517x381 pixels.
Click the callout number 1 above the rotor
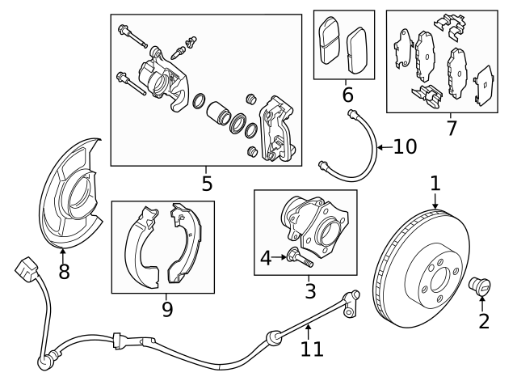click(435, 183)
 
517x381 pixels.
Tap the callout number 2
click(485, 321)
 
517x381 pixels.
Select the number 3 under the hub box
click(309, 290)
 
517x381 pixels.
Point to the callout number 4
click(266, 259)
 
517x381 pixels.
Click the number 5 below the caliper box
click(207, 184)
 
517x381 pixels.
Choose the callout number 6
click(347, 95)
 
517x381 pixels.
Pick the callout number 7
click(451, 127)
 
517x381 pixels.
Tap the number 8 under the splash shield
click(64, 272)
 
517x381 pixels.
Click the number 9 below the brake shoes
click(167, 308)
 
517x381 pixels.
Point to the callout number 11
click(312, 349)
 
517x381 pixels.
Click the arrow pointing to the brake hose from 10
click(385, 147)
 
